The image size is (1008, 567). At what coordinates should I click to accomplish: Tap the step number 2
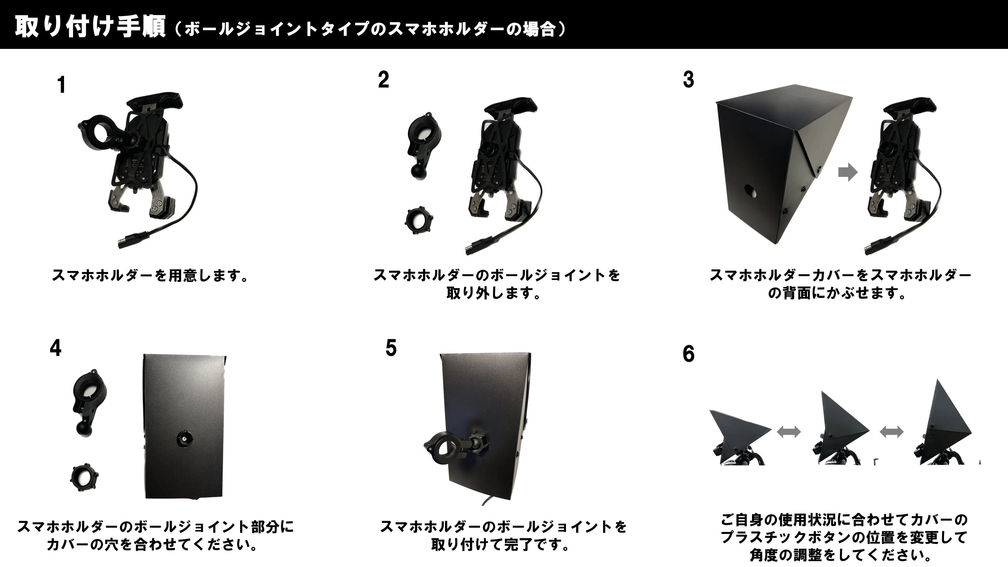pyautogui.click(x=384, y=80)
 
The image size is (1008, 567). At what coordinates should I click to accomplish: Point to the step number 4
pyautogui.click(x=55, y=348)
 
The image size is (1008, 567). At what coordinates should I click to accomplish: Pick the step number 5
pyautogui.click(x=391, y=348)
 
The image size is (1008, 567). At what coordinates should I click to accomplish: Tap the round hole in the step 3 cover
pyautogui.click(x=751, y=191)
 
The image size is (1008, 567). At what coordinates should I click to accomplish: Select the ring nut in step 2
pyautogui.click(x=419, y=221)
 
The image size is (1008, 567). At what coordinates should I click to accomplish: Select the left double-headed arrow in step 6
pyautogui.click(x=789, y=432)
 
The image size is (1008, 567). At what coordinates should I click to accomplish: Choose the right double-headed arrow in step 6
pyautogui.click(x=891, y=432)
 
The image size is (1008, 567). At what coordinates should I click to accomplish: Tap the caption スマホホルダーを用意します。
pyautogui.click(x=150, y=275)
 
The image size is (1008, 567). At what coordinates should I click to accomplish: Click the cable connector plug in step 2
pyautogui.click(x=481, y=246)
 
